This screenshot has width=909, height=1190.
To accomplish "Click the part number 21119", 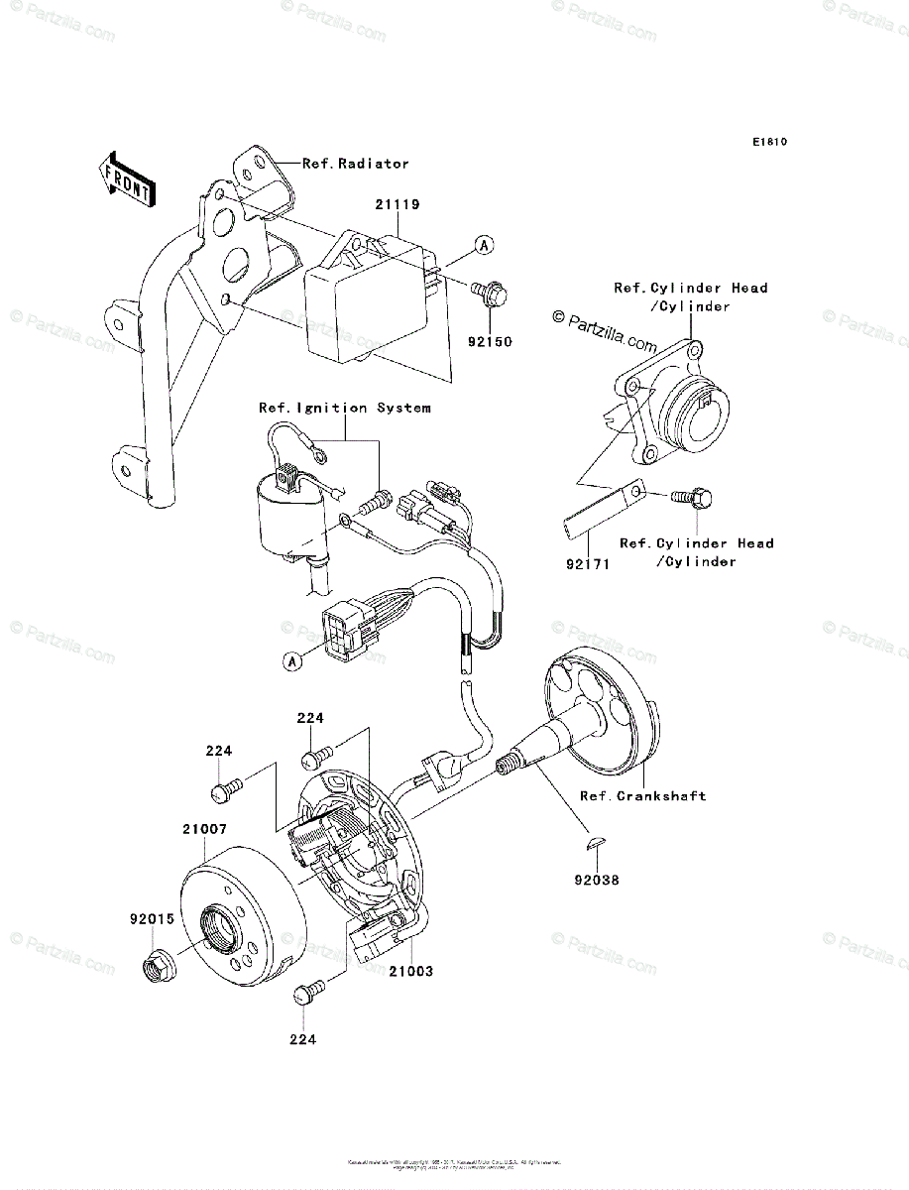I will [398, 205].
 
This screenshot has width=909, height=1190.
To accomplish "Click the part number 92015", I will [151, 918].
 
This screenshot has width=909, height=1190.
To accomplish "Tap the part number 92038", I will [595, 879].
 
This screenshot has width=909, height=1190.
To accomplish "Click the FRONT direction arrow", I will [125, 178].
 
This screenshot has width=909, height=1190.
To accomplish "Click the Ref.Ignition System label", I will [344, 408].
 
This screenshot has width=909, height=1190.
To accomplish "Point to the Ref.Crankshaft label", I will [643, 795].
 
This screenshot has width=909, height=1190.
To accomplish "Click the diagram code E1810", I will [768, 142].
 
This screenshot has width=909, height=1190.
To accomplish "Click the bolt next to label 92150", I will [488, 290].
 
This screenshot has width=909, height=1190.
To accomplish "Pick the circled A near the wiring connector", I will [292, 661].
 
